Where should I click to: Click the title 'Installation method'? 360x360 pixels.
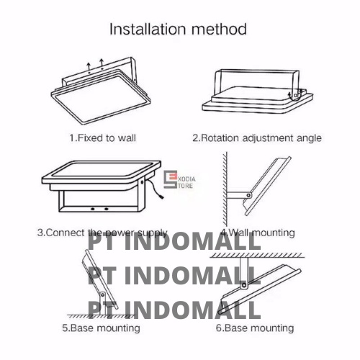178,30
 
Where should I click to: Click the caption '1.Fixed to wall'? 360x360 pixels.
102,138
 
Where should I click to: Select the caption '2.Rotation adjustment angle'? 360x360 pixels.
257,138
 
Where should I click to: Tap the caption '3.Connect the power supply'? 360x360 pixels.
102,233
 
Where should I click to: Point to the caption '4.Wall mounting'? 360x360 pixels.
258,233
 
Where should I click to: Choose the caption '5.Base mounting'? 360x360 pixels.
101,328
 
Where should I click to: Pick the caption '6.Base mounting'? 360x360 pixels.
255,328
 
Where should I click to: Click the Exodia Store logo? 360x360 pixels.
179,179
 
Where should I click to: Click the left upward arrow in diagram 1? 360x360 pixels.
89,66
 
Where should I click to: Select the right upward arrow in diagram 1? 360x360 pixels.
102,63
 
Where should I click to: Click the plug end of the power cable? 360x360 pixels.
161,197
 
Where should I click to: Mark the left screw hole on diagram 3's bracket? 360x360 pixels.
93,209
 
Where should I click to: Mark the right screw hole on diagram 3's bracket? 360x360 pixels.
107,209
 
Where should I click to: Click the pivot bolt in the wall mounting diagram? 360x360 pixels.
248,195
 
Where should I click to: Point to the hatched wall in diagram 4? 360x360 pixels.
225,189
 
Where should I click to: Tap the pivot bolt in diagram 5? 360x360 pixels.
103,294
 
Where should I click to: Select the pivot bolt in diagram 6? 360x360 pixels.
244,285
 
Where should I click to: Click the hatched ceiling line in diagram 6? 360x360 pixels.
257,256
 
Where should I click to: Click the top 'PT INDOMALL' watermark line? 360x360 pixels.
174,242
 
